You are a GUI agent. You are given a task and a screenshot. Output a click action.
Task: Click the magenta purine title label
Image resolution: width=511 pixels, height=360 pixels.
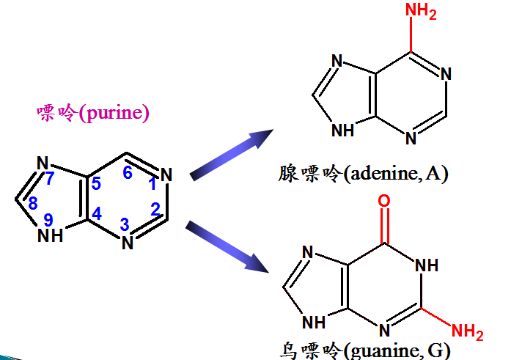click(92, 114)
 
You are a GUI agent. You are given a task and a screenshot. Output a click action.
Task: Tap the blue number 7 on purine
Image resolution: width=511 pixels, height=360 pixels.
click(51, 178)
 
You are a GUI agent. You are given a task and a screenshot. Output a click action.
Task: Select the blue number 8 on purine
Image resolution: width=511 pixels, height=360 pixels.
click(33, 205)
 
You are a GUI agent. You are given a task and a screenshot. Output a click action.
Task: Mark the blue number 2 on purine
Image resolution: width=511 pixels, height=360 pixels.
click(155, 209)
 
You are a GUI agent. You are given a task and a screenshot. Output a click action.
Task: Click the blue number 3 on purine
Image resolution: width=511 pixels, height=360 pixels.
click(125, 224)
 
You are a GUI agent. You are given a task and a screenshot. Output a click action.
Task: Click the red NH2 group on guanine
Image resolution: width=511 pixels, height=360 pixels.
click(467, 331)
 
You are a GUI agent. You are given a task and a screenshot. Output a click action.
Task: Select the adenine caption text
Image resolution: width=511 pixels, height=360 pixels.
click(362, 174)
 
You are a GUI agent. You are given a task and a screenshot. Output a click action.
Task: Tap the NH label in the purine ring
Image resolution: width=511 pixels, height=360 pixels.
click(51, 235)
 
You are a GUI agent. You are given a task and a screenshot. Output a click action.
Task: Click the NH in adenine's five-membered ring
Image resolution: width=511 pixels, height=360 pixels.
click(343, 131)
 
